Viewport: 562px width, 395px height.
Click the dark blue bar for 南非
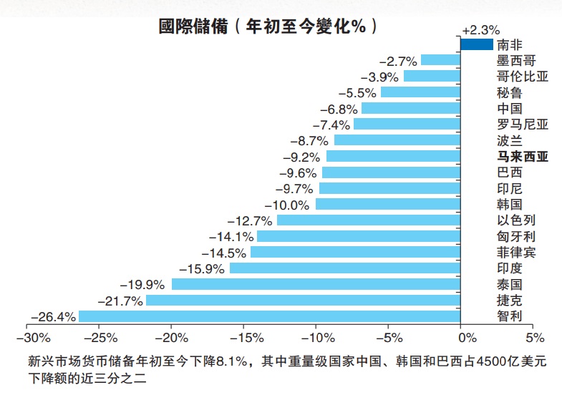[477, 44]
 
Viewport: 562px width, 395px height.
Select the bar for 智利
[268, 316]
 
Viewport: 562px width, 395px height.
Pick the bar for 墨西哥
[440, 60]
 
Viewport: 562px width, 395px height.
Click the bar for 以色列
[368, 220]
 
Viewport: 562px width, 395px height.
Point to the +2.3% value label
[480, 30]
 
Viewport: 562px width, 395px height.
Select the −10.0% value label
[292, 205]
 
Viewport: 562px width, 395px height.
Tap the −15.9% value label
[206, 268]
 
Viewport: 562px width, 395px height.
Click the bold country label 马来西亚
[522, 156]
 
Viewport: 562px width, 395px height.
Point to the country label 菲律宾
[515, 252]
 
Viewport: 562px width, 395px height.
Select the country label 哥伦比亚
[522, 76]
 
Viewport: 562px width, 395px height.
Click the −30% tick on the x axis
[26, 337]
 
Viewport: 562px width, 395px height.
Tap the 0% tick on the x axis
[467, 337]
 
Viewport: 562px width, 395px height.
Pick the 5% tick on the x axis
[535, 337]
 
